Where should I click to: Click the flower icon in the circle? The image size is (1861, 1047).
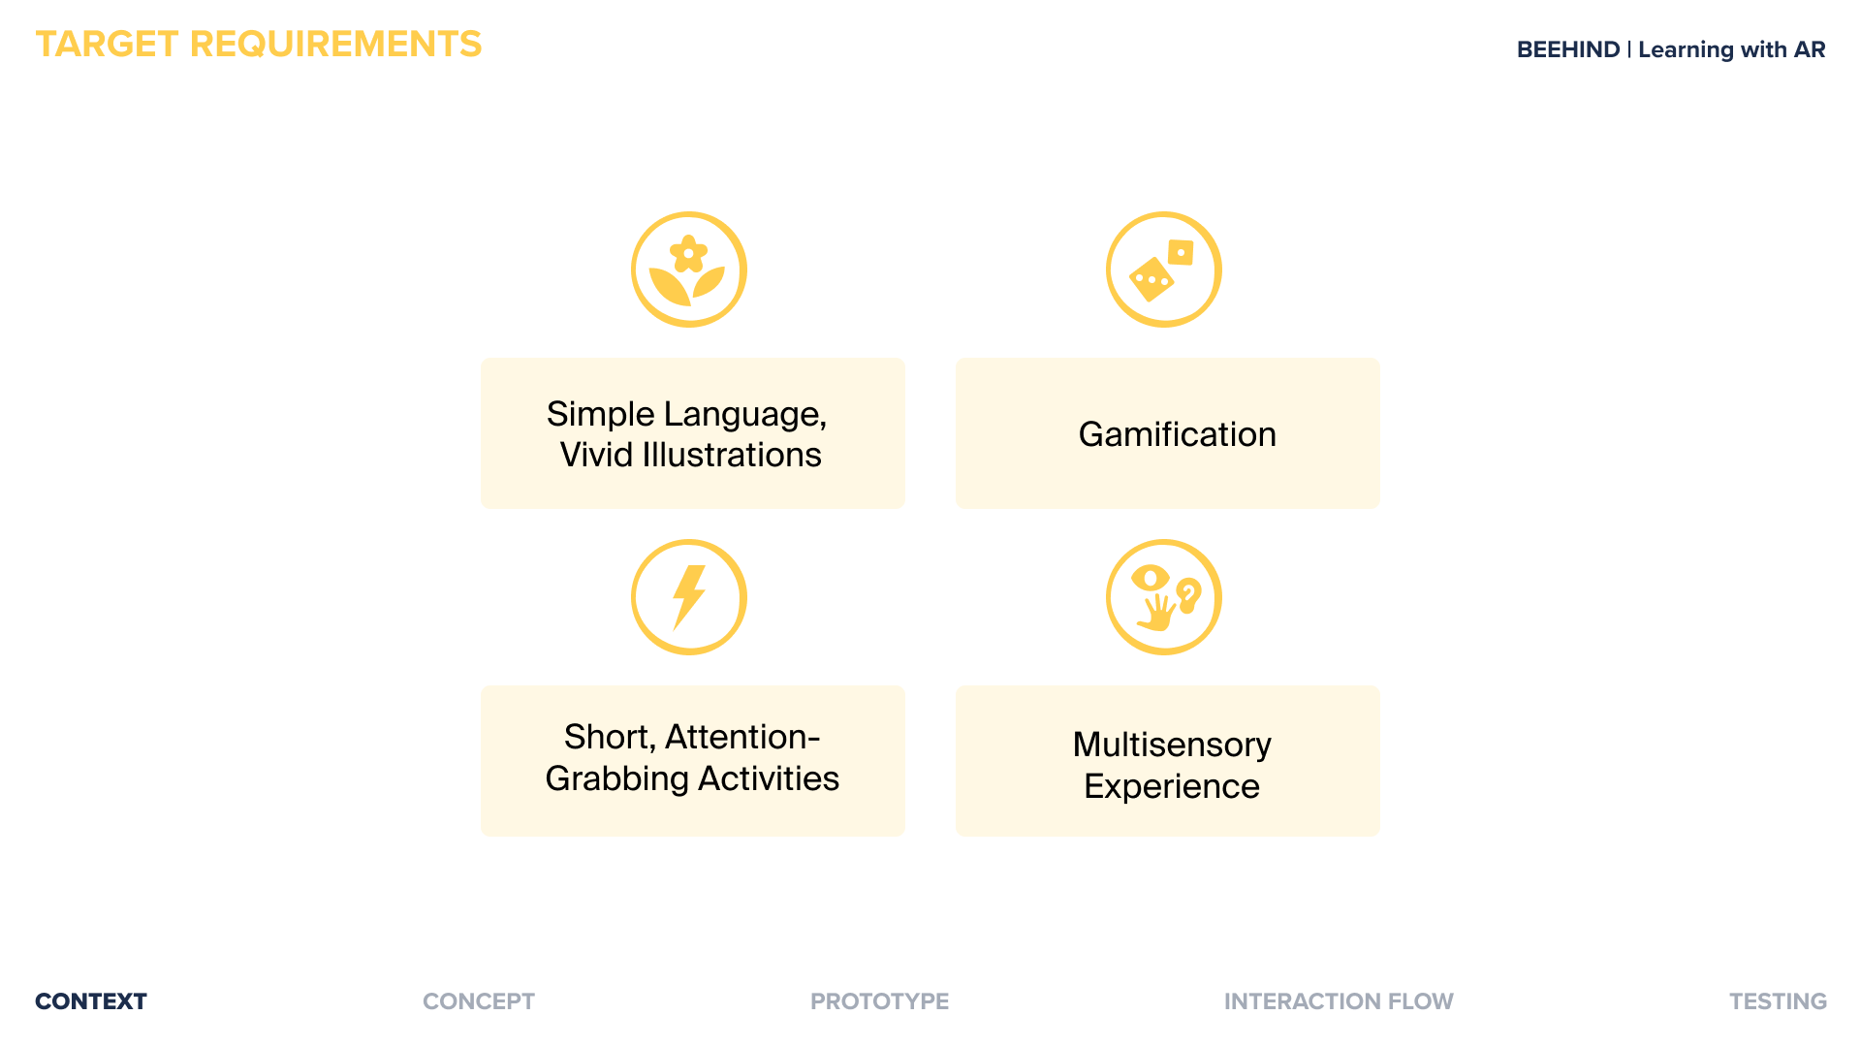point(688,270)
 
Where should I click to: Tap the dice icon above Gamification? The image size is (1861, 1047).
point(1163,270)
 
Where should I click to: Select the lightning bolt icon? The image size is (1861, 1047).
point(688,597)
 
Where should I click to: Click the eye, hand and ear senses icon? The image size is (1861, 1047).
point(1163,597)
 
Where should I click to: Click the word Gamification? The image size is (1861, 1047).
point(1177,434)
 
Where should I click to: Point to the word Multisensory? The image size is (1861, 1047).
point(1172,745)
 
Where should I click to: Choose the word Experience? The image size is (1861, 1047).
point(1172,786)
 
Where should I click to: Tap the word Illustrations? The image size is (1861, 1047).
point(732,455)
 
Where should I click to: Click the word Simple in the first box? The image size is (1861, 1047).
point(601,415)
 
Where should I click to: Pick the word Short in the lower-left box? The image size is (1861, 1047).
point(610,738)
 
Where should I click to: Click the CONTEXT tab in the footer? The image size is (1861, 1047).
point(91,1001)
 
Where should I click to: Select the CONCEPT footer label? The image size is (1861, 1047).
point(479,1001)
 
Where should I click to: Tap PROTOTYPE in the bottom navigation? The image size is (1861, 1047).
point(880,1001)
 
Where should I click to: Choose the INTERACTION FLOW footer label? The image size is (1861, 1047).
point(1339,1001)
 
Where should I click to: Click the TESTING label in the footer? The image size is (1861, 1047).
point(1779,1001)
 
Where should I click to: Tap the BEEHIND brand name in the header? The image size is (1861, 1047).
point(1568,49)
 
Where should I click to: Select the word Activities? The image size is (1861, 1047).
point(769,778)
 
